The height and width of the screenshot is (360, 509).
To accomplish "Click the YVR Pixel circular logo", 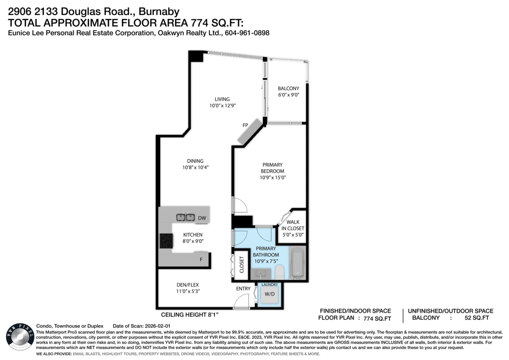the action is coord(20,337).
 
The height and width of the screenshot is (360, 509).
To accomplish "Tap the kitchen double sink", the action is coord(186,217).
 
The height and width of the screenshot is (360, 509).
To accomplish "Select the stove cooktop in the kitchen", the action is coord(166,241).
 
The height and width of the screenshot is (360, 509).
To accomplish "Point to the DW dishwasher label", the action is coord(202,218).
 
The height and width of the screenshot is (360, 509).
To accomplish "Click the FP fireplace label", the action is coord(245,125).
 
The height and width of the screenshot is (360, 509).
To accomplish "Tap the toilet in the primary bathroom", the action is coord(280,272).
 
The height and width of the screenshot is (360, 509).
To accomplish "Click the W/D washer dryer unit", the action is coord(269,294).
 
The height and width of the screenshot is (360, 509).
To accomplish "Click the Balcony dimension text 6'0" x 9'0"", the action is coord(288,95).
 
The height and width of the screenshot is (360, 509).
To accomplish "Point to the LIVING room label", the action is coord(222,99).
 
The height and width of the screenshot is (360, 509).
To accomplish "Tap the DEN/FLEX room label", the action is coord(187,285).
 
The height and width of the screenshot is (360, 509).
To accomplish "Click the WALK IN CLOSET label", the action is coord(293,225).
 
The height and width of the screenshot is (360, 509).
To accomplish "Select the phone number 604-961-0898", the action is coord(247,33).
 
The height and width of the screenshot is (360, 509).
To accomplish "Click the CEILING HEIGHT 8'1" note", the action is coord(190,315).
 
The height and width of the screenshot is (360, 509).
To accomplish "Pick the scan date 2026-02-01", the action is coord(157,326).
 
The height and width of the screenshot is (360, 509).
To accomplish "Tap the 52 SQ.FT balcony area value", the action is coord(477,318).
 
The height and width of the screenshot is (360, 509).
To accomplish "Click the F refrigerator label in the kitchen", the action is coord(201,259).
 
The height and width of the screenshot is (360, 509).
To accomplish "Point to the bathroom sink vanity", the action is coord(261,274).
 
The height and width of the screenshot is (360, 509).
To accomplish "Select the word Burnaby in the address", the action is coord(159,11).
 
